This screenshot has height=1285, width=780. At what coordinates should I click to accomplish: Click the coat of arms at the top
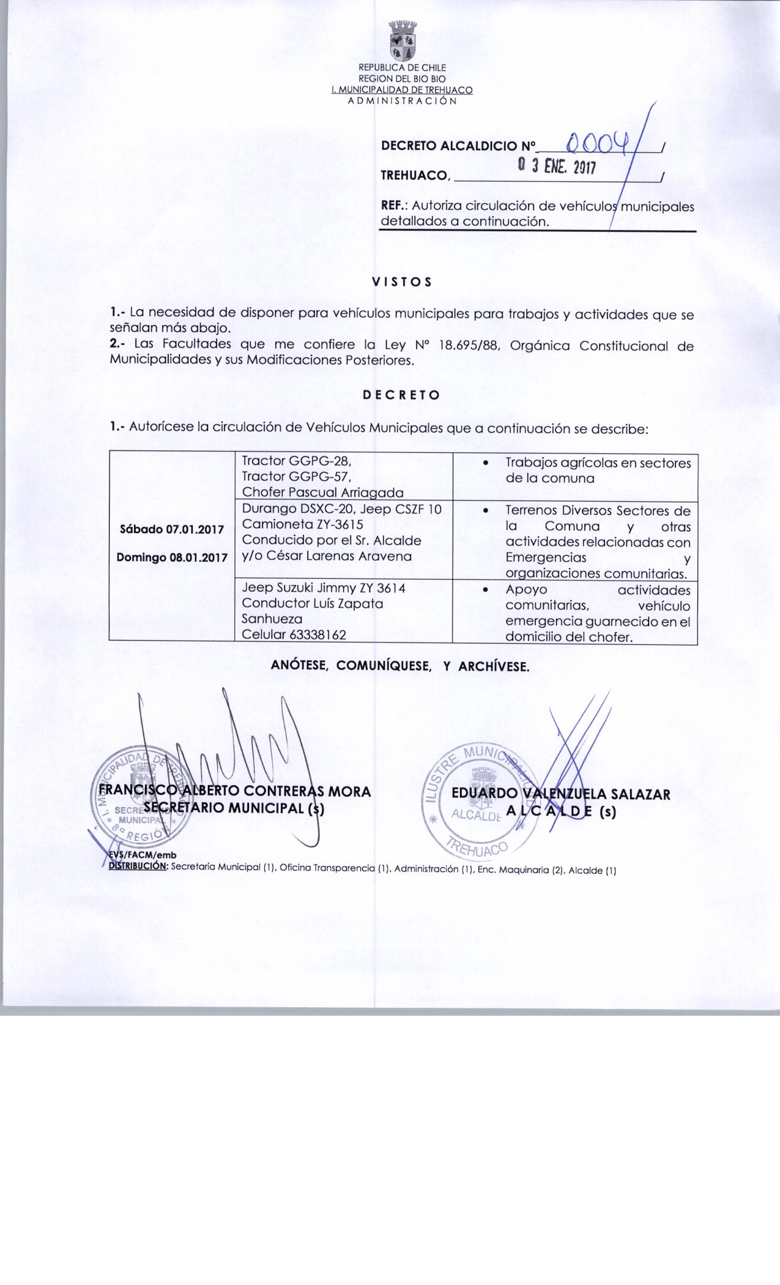(x=402, y=41)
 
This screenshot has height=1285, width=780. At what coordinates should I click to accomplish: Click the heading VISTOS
(x=402, y=282)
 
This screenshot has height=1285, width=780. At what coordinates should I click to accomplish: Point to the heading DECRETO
(x=401, y=395)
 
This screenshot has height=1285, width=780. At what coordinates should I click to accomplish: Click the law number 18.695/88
(x=470, y=346)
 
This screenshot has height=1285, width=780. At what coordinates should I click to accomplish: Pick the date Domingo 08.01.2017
(x=171, y=557)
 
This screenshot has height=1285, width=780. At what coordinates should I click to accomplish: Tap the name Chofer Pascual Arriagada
(x=323, y=493)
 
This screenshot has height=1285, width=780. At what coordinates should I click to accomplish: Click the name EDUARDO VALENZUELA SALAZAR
(x=560, y=794)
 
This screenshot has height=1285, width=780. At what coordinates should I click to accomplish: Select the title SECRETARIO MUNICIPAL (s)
(x=234, y=808)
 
